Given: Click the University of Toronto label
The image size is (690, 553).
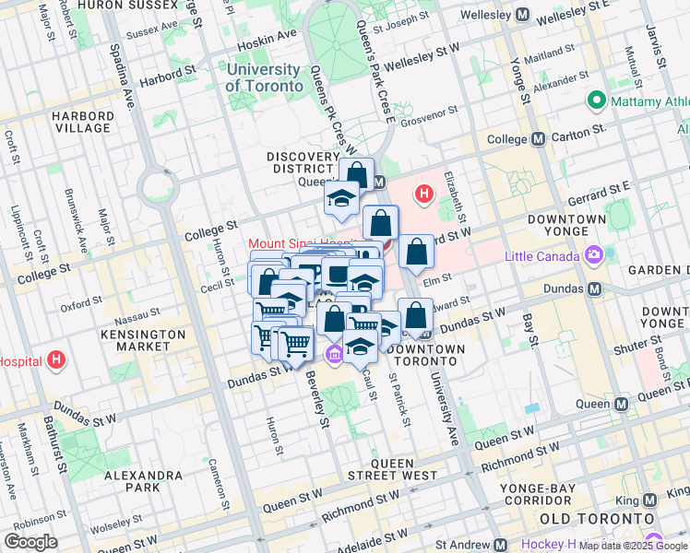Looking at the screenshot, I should pos(264,77).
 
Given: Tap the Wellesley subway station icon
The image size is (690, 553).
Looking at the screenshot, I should pos(523,15).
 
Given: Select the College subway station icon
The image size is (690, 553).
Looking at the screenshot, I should pos(538,139).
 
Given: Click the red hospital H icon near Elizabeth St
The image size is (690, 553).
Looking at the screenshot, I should pos(423,194).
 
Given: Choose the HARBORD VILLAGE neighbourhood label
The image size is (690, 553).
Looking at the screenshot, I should pos(83,122).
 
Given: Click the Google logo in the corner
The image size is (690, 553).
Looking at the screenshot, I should pos(30,542).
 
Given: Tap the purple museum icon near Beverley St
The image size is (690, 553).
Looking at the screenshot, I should pos(334,353).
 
